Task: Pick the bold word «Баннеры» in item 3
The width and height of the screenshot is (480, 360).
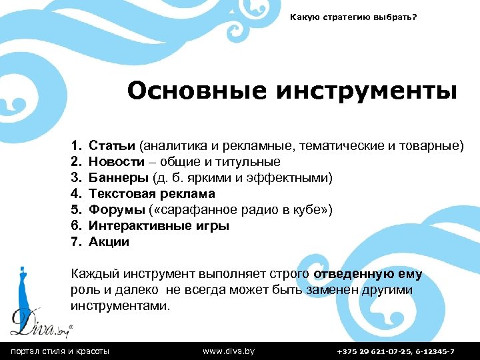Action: click(x=119, y=178)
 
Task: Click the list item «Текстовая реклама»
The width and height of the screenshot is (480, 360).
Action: click(x=152, y=194)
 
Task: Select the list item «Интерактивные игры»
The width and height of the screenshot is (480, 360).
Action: click(x=159, y=226)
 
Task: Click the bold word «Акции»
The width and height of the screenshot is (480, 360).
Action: click(x=109, y=242)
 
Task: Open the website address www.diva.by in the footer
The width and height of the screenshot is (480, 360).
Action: click(x=228, y=351)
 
